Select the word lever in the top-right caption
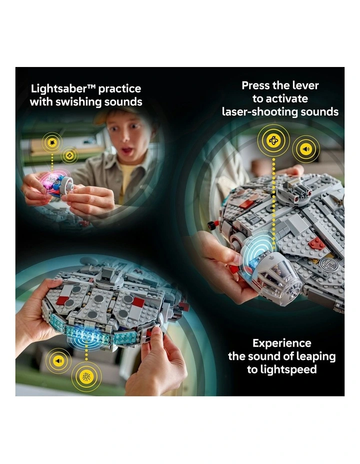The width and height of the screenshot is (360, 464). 302,85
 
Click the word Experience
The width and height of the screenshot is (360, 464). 281,343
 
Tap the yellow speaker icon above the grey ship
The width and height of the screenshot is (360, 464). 306,148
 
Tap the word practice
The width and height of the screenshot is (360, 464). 120,89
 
